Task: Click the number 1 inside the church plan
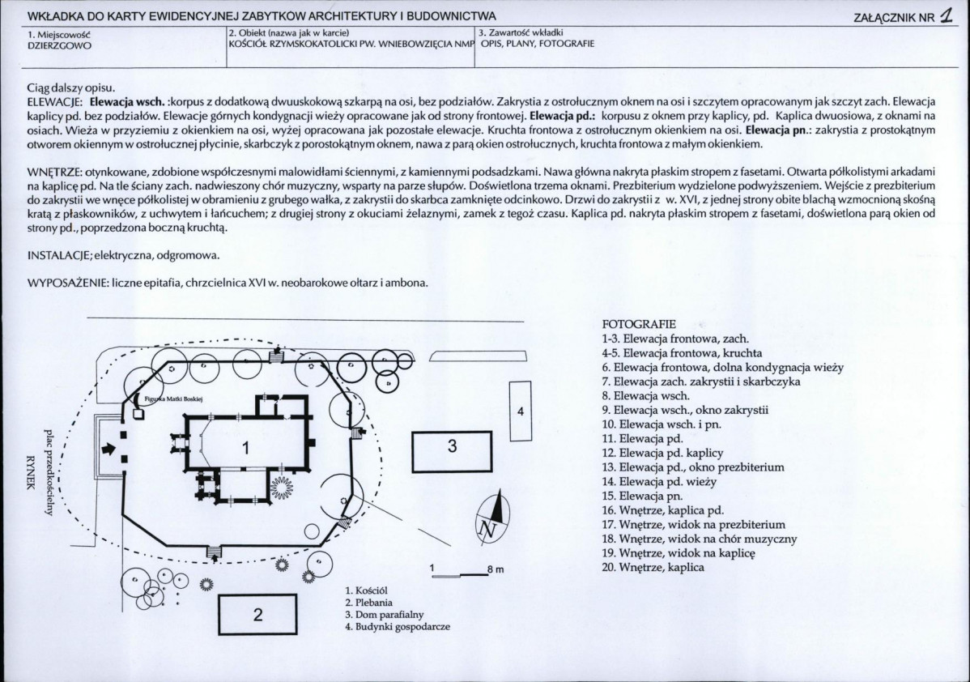tap(245, 447)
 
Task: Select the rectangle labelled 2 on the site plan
tap(257, 614)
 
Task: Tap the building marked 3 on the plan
tap(452, 446)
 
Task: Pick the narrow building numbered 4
tap(521, 411)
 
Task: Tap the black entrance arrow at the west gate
tap(108, 449)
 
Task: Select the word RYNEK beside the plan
tap(28, 472)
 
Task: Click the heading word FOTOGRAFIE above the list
tap(639, 324)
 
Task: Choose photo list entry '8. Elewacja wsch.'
tap(645, 395)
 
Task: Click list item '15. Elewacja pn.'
tap(642, 496)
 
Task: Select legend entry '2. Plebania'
tap(369, 602)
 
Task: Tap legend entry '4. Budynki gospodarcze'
tap(398, 626)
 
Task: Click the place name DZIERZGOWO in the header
tap(59, 45)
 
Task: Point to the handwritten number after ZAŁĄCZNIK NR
tap(946, 16)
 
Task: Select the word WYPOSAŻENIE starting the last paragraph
tap(68, 283)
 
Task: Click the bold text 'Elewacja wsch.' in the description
tap(127, 101)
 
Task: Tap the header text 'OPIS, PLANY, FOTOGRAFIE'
tap(538, 43)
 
